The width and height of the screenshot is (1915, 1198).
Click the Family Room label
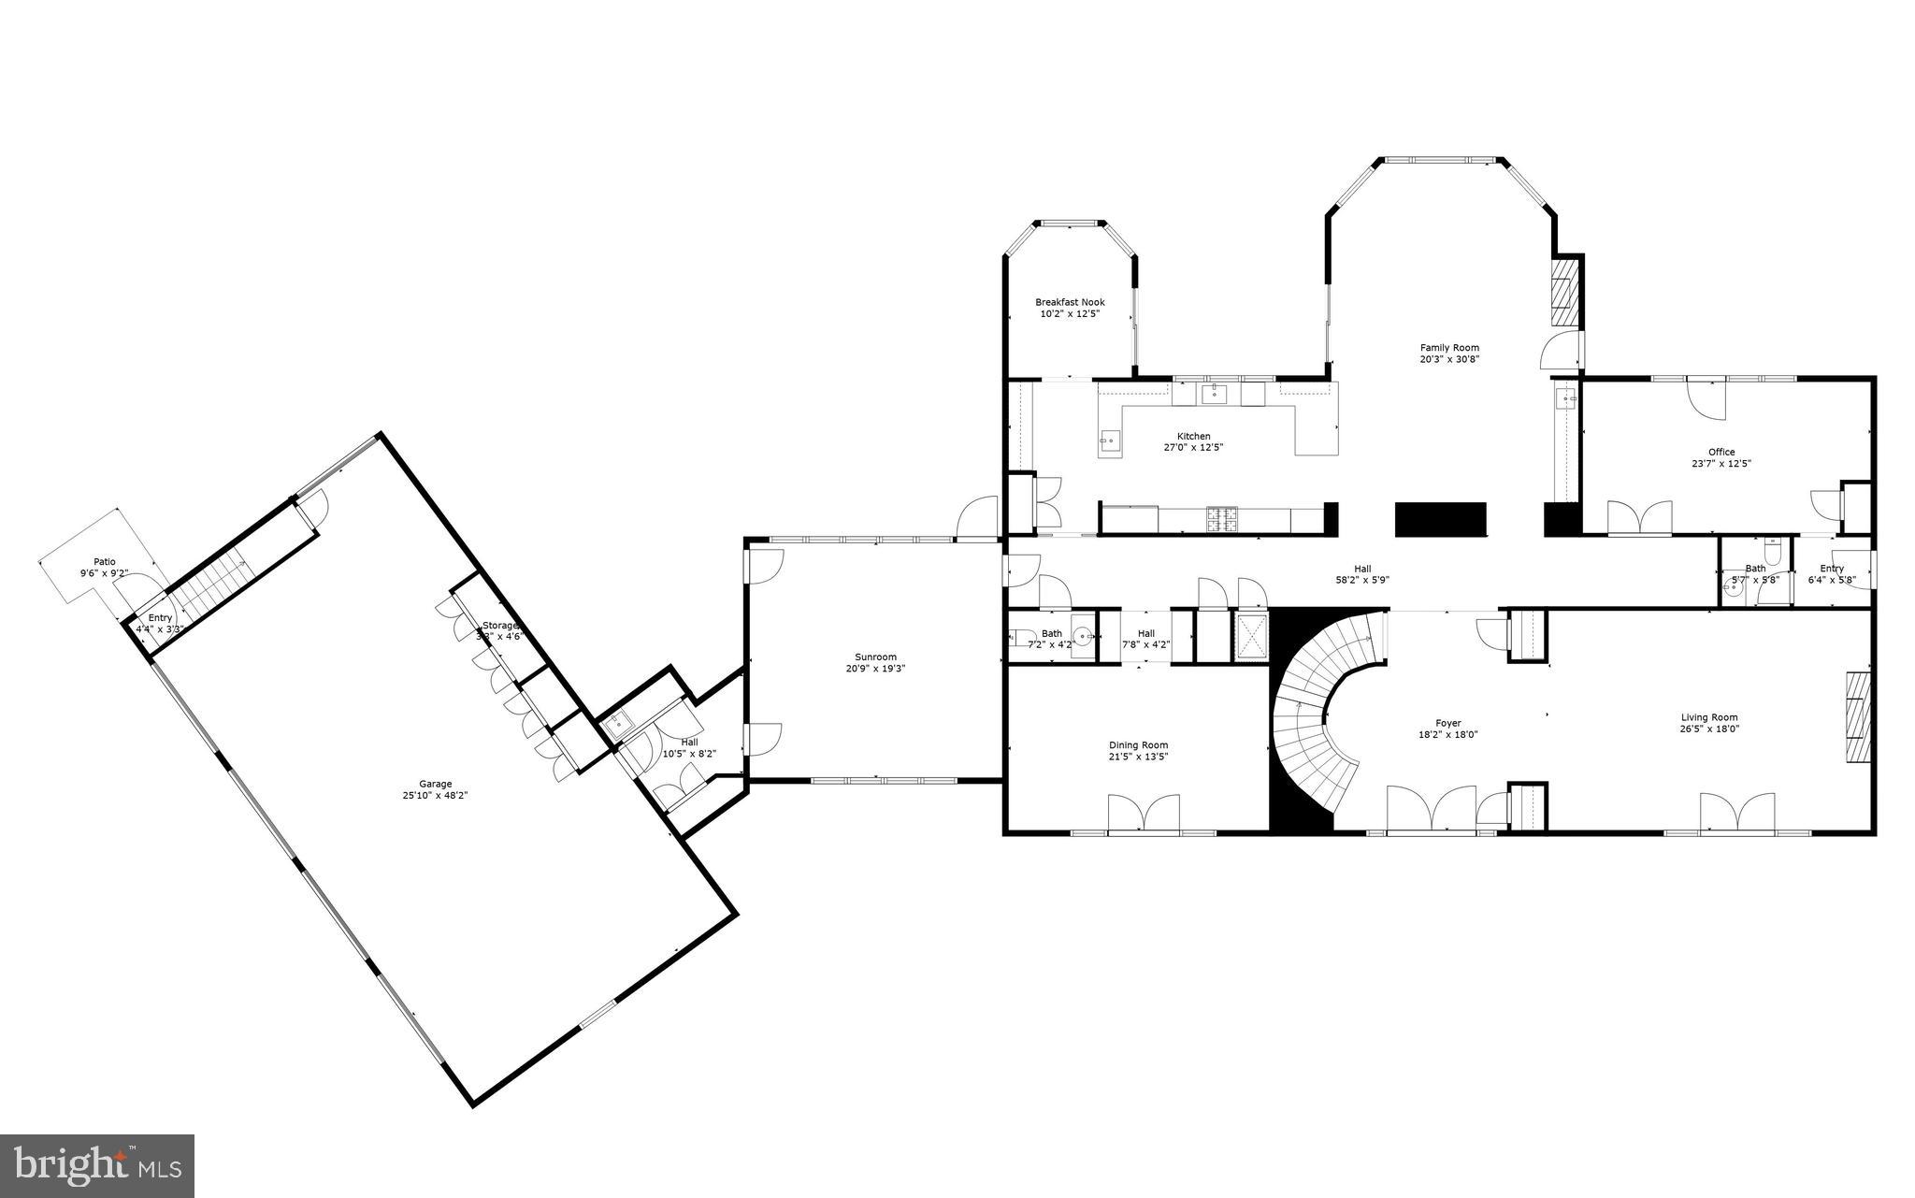1449,348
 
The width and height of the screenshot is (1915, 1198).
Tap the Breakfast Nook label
1070,302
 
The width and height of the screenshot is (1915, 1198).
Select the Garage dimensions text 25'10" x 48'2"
435,796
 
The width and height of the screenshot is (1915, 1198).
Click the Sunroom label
875,657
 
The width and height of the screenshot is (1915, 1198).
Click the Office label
1721,452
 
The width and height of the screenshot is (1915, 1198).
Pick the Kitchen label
1193,436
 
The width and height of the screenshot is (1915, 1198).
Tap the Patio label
104,561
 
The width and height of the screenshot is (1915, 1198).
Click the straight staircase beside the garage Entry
211,585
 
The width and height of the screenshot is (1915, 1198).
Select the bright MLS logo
97,1165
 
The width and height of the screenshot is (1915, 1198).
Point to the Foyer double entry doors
1430,808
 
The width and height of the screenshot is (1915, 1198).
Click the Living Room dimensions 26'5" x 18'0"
1709,729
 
